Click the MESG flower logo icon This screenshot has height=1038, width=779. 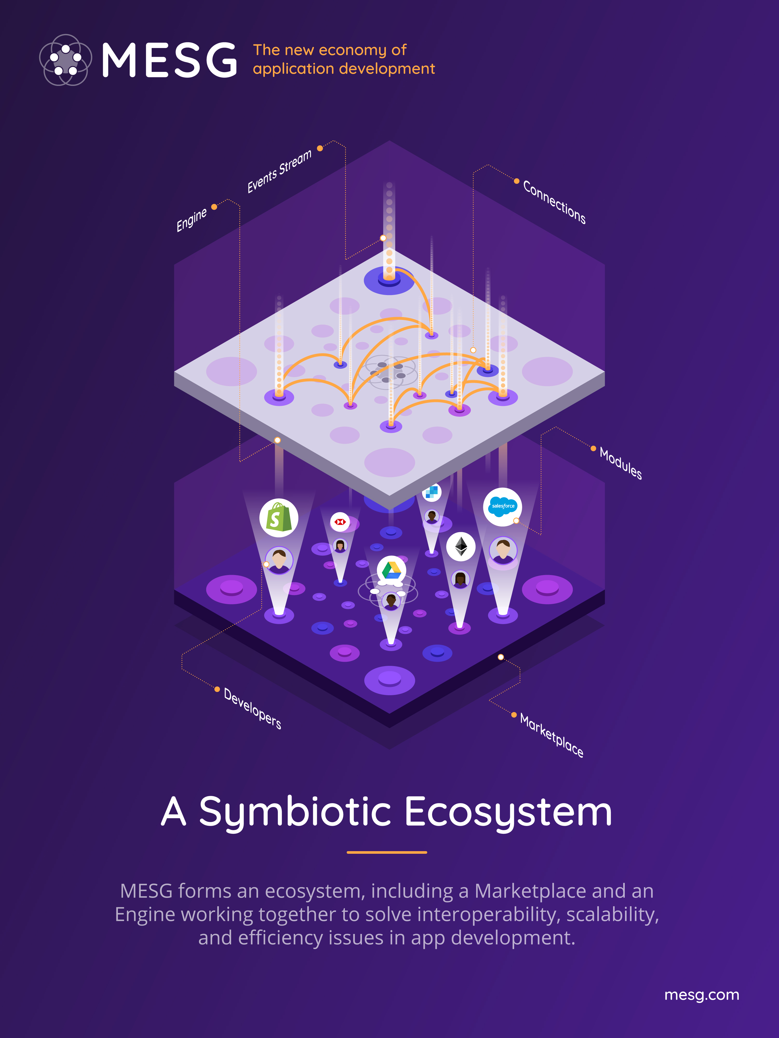[x=65, y=60]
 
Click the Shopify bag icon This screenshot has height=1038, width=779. [x=279, y=518]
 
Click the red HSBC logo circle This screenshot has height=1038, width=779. [x=340, y=522]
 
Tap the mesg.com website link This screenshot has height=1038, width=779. [x=702, y=995]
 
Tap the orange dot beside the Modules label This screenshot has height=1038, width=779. [x=593, y=449]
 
